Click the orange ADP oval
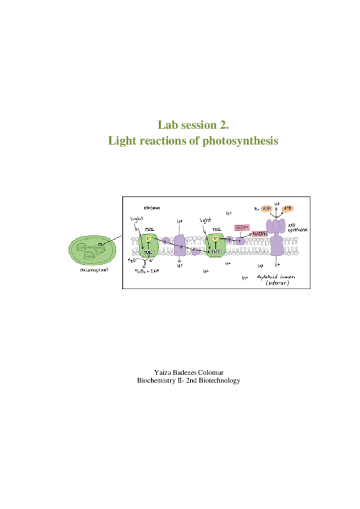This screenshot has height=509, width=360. point(266,208)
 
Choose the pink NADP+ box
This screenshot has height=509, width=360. point(241,227)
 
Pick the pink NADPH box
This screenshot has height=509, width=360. point(258,233)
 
